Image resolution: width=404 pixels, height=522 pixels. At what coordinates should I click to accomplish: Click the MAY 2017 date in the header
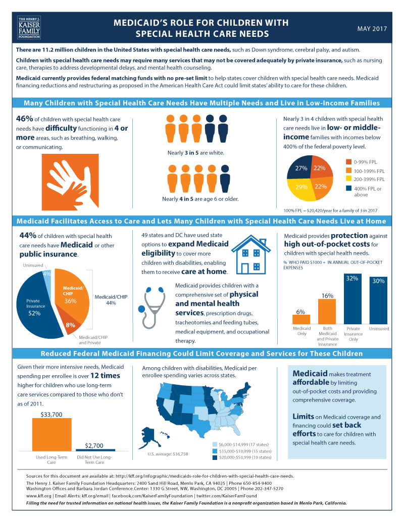point(372,28)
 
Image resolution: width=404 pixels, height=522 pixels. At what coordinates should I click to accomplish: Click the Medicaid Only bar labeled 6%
point(301,319)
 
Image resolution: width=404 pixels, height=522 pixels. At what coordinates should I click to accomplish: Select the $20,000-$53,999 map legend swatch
point(216,457)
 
